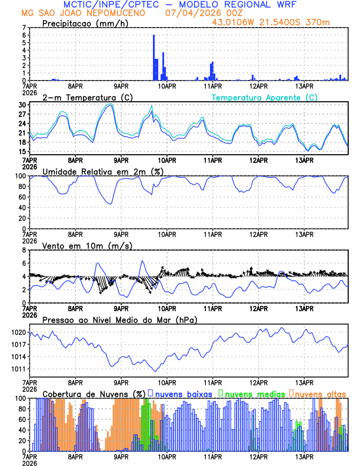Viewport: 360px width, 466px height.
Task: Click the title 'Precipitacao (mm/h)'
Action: tap(85, 24)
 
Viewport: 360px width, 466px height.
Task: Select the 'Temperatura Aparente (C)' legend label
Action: tap(264, 97)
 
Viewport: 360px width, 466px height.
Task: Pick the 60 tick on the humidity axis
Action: tap(22, 197)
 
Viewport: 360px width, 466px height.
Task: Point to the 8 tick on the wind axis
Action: tap(24, 250)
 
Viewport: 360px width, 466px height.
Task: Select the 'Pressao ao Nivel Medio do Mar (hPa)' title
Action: tap(119, 319)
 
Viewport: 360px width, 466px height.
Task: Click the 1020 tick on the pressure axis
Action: tap(18, 332)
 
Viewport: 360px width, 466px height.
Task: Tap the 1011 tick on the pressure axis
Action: tap(18, 369)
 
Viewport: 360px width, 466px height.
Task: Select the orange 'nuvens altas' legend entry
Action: tap(318, 394)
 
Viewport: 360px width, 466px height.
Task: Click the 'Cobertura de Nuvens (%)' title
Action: tap(94, 394)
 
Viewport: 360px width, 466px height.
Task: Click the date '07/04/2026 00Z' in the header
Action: tap(203, 13)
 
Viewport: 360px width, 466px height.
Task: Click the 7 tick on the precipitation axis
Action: tap(24, 28)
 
